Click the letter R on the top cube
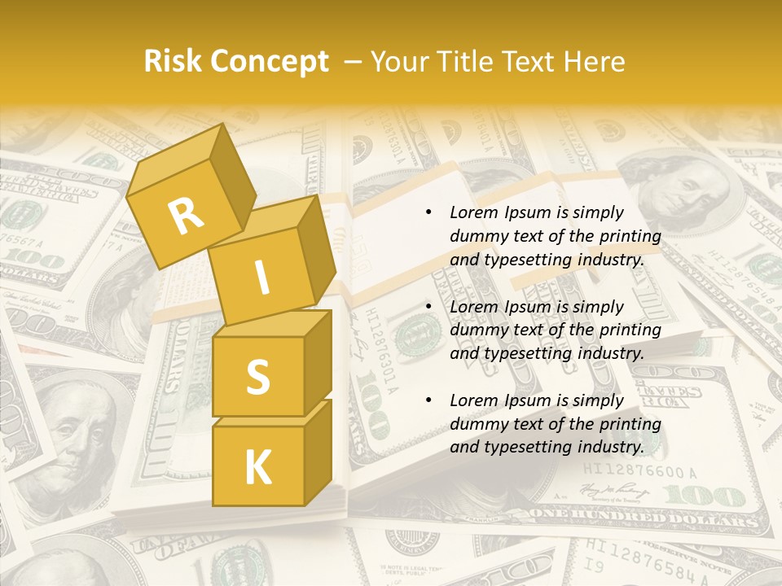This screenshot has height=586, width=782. [187, 216]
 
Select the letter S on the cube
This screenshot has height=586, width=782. [257, 377]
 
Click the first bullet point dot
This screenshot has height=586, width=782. [428, 212]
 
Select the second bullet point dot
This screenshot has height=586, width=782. [428, 307]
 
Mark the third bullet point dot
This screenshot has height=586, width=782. [428, 400]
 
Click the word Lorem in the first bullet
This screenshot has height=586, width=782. [473, 212]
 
